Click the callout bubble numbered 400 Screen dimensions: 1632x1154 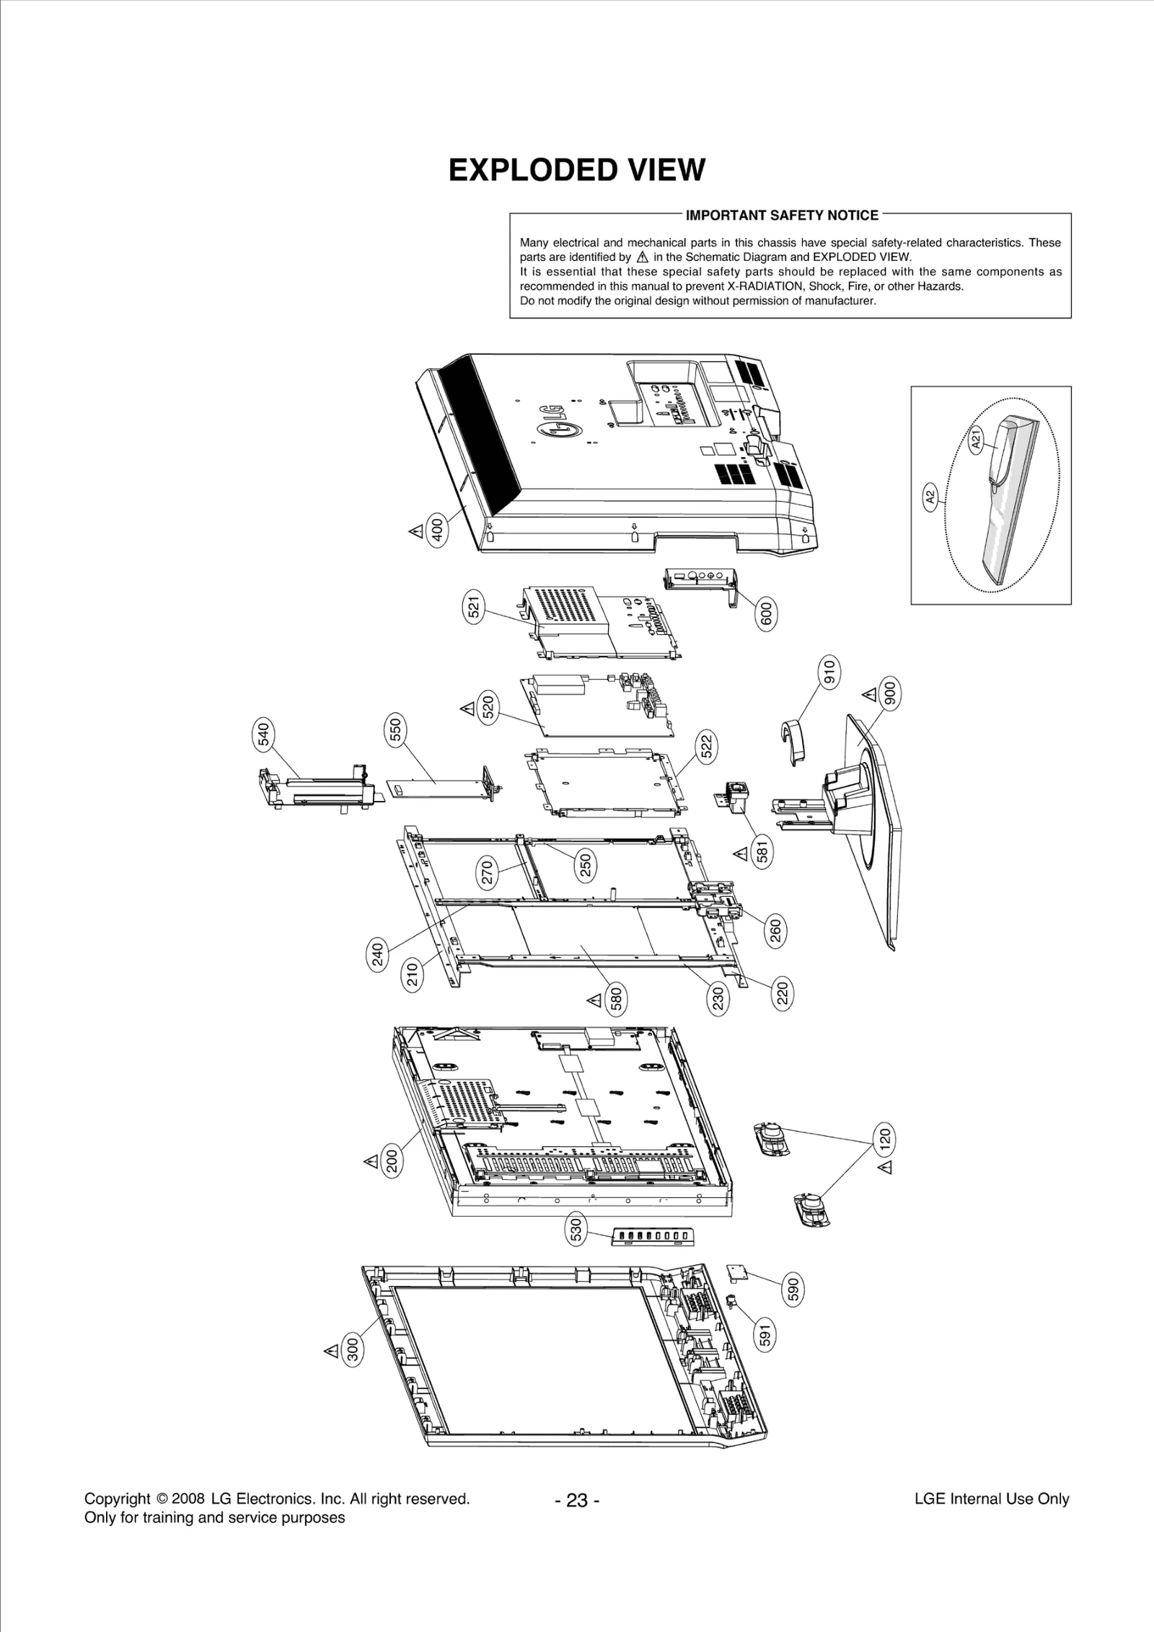tap(437, 531)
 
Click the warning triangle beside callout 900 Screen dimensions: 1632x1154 tap(870, 695)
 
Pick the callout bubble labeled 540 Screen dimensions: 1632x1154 tap(264, 735)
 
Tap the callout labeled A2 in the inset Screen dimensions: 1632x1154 tap(931, 497)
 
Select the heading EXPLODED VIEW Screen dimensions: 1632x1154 tap(576, 170)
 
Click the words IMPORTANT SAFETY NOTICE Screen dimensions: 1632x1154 tap(782, 215)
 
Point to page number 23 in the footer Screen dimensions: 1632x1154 tap(577, 1501)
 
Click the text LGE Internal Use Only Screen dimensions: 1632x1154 tap(991, 1499)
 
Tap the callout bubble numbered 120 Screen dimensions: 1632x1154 tap(884, 1138)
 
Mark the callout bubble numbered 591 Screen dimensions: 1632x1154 tap(766, 1336)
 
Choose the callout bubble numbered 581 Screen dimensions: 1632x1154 tap(762, 853)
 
